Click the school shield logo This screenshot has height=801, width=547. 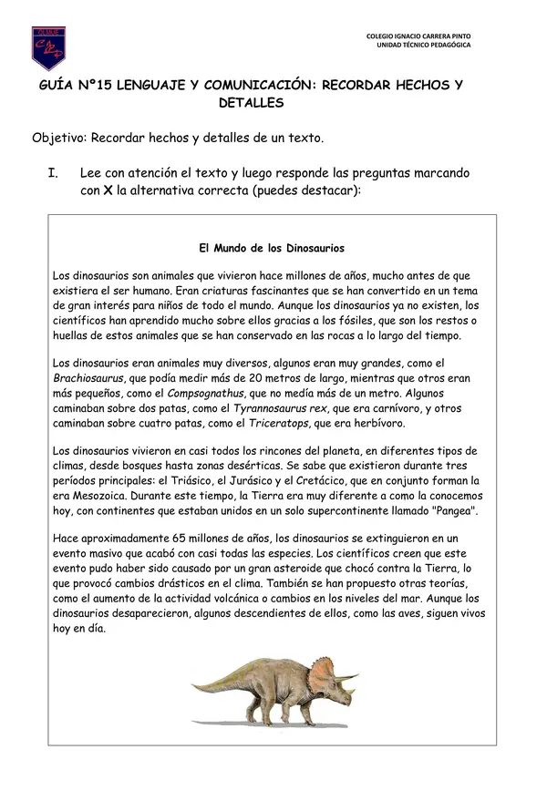[x=47, y=47]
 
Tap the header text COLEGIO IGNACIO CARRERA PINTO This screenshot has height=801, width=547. [x=418, y=36]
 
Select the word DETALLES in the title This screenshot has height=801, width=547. [x=252, y=103]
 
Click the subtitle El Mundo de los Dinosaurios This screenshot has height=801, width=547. [x=272, y=247]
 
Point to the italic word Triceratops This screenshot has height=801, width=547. [x=279, y=423]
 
